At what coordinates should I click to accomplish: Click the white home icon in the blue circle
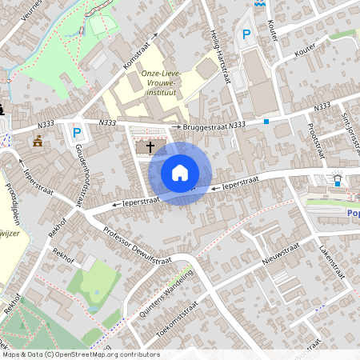tap(180, 173)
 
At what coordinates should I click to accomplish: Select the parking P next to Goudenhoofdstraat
tap(77, 133)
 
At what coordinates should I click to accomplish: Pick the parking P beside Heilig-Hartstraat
tap(246, 35)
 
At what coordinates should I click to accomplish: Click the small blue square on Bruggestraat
tap(266, 122)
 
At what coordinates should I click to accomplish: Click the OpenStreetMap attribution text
tap(80, 354)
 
